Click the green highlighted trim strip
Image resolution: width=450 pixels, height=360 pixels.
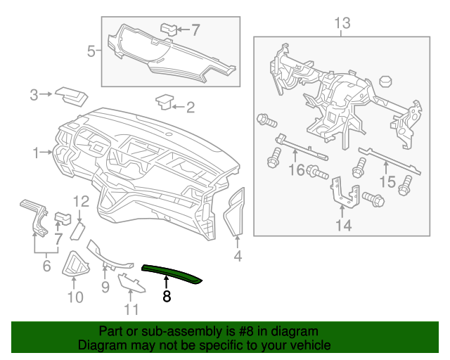coord(172,274)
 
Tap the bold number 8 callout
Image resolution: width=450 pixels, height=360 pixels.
coord(167,297)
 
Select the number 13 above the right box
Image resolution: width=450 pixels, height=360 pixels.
coord(341,25)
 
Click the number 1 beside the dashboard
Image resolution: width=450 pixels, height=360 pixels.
coord(36,152)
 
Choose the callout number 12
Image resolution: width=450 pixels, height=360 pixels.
coord(81,202)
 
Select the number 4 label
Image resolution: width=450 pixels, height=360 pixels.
coord(238,257)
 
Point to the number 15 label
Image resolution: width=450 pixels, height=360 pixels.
coord(387,181)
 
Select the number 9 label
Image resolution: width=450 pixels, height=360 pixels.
coord(105,287)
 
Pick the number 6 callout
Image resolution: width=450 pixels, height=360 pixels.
coord(47,266)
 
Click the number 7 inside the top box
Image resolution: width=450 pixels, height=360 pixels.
coord(195,30)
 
